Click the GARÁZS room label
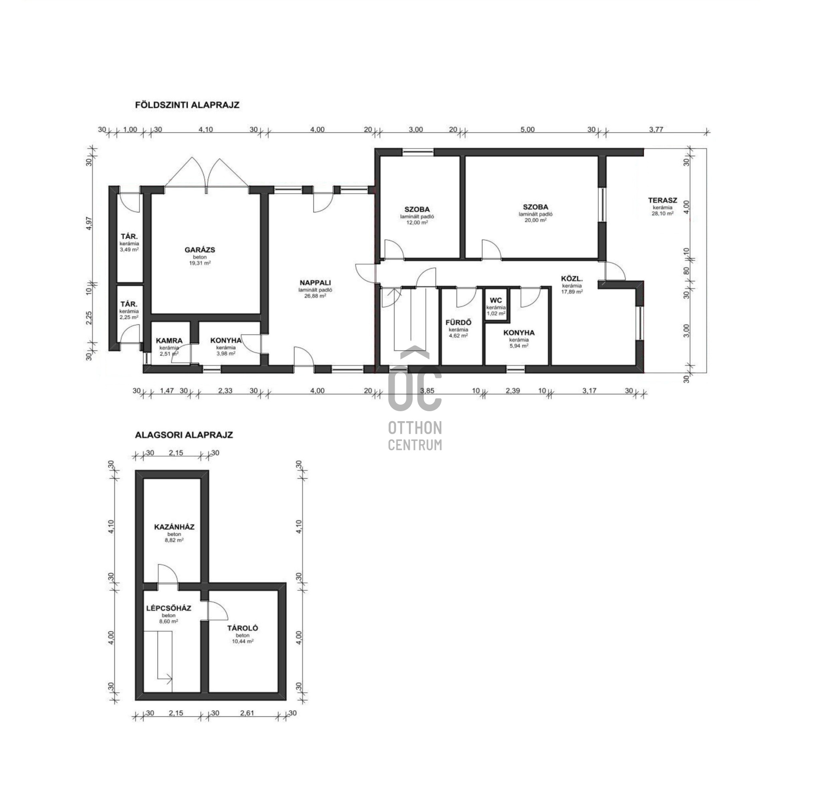coord(200,250)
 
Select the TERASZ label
coord(663,200)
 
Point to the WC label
coord(496,300)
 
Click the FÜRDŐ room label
coord(458,322)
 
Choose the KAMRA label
coord(169,341)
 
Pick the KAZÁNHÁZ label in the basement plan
coord(174,527)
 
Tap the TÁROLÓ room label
coord(243,628)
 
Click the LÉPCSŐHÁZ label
coord(169,608)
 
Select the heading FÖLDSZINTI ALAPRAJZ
coord(187,105)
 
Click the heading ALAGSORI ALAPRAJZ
coord(184,435)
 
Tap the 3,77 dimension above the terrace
coord(656,129)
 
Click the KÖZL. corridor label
coord(572,279)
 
